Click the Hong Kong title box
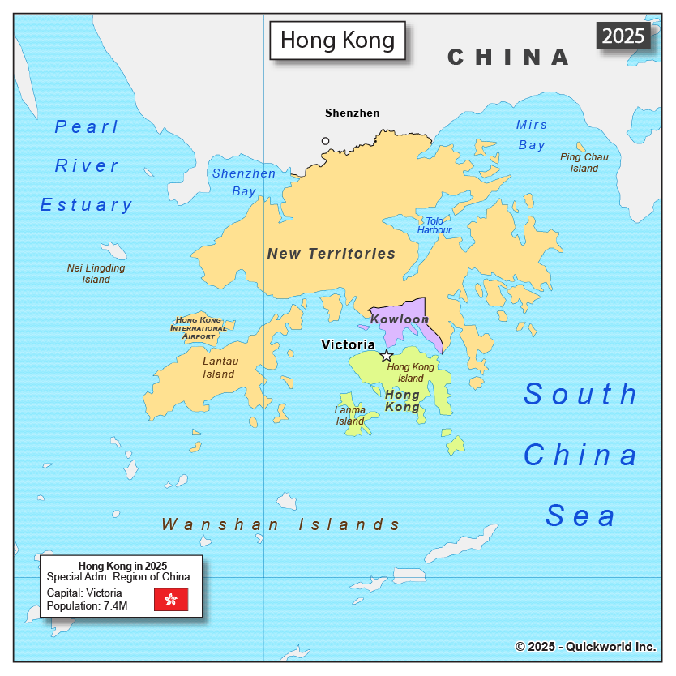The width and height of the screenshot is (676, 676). [x=337, y=40]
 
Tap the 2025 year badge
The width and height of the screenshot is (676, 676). [x=624, y=36]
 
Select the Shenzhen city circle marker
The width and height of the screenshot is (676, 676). [x=326, y=141]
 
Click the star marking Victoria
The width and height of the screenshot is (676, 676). [x=387, y=355]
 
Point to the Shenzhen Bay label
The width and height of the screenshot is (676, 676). [x=243, y=182]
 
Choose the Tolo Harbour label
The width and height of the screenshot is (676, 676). [x=434, y=225]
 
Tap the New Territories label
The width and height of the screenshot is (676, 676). [x=332, y=254]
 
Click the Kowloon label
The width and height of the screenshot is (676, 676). [x=400, y=319]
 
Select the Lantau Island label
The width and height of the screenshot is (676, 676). [x=219, y=368]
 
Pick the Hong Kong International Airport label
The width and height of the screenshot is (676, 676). [x=199, y=328]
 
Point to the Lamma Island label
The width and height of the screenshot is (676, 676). [x=350, y=416]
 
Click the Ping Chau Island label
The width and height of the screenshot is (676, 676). [x=584, y=163]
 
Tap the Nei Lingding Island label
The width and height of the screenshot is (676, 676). [x=96, y=274]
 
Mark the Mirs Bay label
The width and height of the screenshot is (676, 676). [x=532, y=135]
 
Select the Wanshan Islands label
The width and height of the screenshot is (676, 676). [x=281, y=524]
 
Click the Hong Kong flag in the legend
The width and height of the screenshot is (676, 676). [x=171, y=600]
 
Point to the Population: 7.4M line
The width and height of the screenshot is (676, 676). [x=88, y=605]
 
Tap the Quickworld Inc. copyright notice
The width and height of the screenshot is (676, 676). [x=585, y=647]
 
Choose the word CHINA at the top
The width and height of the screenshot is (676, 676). [x=509, y=57]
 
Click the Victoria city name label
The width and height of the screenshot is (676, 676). [x=348, y=344]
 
